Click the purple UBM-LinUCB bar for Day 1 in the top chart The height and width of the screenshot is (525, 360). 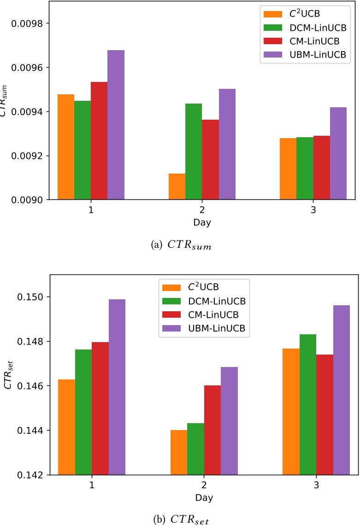click(116, 125)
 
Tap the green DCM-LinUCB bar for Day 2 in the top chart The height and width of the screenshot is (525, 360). click(194, 152)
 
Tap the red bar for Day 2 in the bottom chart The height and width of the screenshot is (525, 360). click(212, 430)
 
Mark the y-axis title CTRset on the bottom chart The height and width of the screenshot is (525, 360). click(7, 386)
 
